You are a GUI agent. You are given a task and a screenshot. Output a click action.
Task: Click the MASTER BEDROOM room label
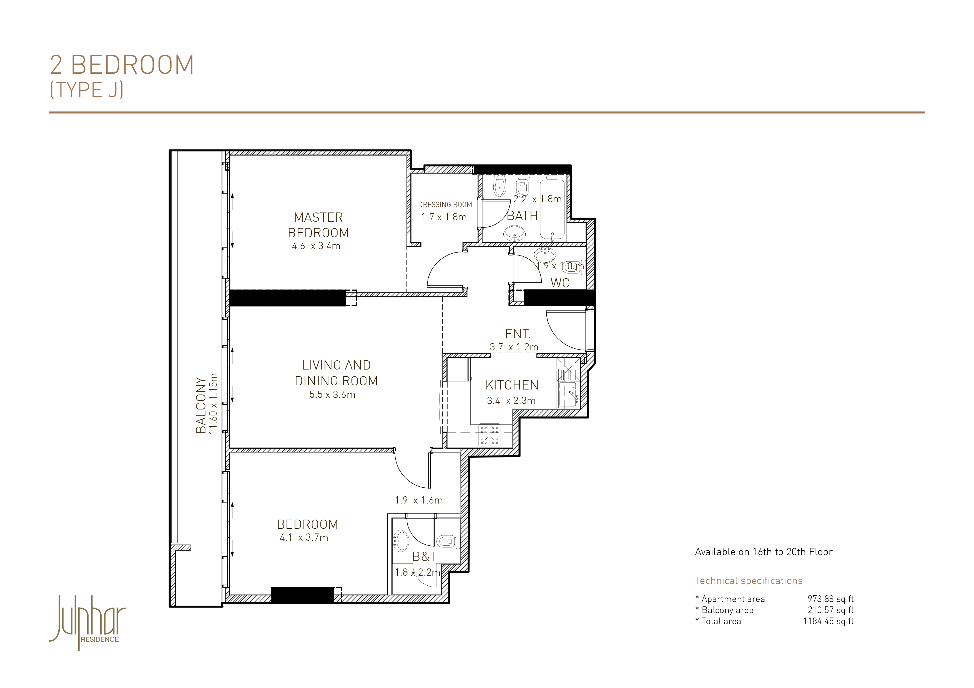[318, 225]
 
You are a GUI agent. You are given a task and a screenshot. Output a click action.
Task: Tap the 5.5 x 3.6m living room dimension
[332, 395]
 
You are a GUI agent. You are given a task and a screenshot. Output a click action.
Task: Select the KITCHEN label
[512, 385]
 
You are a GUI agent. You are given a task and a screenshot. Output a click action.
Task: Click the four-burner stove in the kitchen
[489, 435]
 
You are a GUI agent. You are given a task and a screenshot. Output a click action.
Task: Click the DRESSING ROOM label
[445, 205]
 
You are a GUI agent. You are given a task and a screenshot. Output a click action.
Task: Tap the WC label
[560, 283]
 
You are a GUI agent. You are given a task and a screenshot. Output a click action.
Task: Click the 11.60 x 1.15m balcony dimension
[213, 403]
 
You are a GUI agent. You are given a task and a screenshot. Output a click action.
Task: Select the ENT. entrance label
[518, 334]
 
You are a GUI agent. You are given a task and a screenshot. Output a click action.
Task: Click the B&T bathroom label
[425, 557]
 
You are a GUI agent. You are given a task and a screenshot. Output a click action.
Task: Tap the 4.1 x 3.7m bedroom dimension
[304, 538]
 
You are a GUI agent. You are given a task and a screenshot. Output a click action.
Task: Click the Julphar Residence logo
[88, 622]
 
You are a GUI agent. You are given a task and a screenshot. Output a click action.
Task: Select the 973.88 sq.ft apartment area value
[831, 599]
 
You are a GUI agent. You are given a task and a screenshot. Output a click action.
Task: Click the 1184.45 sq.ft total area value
[829, 621]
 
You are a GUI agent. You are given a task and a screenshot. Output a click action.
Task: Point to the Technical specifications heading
[749, 581]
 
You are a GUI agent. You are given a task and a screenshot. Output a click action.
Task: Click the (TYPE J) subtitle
[87, 90]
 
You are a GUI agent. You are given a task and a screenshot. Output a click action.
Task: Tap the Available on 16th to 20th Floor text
[764, 552]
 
